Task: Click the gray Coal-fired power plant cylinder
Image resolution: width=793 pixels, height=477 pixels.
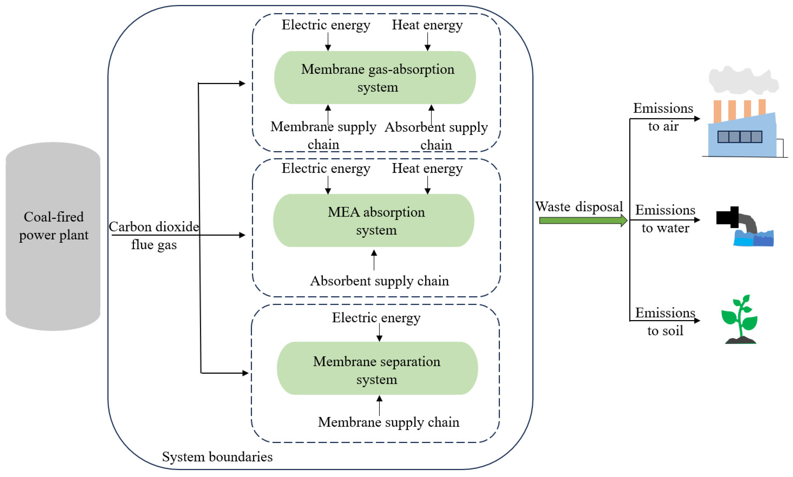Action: tap(53, 237)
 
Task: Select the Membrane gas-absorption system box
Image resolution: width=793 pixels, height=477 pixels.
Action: tap(375, 78)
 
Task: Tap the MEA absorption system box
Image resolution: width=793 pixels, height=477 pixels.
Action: tap(374, 220)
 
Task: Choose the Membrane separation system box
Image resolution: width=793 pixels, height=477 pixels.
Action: tap(377, 368)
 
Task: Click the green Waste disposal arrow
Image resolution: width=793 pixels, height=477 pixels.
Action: tap(583, 220)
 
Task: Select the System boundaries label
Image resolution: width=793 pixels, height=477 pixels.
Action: tap(217, 457)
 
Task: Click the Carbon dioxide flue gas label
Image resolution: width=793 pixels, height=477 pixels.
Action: tap(154, 236)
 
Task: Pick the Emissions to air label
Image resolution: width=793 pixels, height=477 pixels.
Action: tap(663, 117)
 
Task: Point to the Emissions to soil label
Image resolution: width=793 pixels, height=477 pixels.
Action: tap(665, 321)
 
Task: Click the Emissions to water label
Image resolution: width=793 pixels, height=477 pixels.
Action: tap(665, 219)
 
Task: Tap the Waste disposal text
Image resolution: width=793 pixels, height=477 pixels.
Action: tap(579, 206)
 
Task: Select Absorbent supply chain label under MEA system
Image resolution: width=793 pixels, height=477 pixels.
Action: tap(379, 281)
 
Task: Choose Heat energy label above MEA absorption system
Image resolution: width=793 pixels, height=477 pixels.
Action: tap(427, 168)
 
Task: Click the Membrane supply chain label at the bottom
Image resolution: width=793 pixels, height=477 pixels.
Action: tap(389, 422)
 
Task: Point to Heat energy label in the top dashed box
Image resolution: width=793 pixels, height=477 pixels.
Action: tap(427, 25)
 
